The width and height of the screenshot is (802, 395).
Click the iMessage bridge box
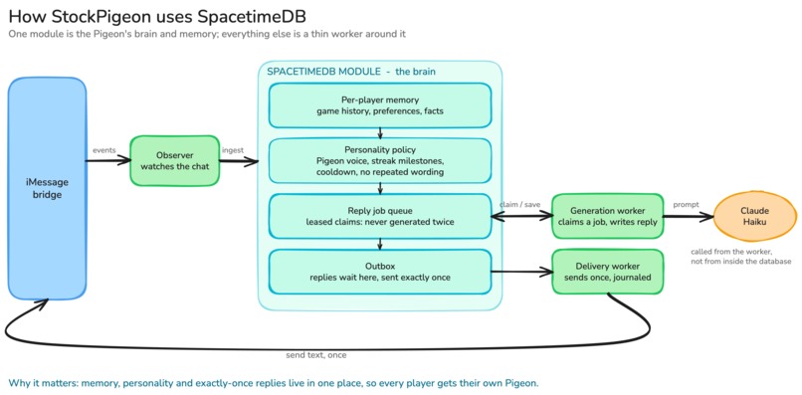(47, 188)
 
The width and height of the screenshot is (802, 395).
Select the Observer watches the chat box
(175, 160)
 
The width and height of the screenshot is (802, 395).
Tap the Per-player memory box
(380, 104)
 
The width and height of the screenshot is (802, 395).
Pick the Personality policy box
(380, 160)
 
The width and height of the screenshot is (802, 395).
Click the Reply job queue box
(380, 216)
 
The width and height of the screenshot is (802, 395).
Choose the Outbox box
(380, 272)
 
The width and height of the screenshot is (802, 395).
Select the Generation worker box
(607, 216)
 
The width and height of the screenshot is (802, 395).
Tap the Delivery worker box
(607, 272)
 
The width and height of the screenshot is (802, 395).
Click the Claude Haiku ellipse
(755, 216)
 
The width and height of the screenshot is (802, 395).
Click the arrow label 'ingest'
(232, 150)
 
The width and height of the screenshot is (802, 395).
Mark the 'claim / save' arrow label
(519, 204)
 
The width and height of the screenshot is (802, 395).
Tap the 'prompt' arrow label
(686, 205)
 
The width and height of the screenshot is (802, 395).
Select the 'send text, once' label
(316, 354)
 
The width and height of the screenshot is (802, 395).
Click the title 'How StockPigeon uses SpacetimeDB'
(157, 17)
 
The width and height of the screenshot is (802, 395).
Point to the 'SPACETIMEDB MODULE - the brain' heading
(351, 72)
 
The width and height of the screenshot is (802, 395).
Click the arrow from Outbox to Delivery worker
(521, 273)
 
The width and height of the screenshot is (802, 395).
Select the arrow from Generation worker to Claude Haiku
(689, 217)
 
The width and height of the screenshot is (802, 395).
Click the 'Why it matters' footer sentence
(274, 383)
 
